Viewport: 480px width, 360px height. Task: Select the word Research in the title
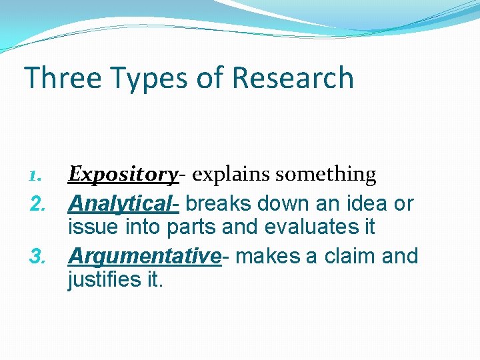coord(293,77)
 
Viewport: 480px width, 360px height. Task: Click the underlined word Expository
coord(123,175)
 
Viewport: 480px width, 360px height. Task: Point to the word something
coord(326,175)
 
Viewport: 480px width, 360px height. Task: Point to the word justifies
coord(101,281)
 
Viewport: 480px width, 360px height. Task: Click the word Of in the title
coord(210,77)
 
